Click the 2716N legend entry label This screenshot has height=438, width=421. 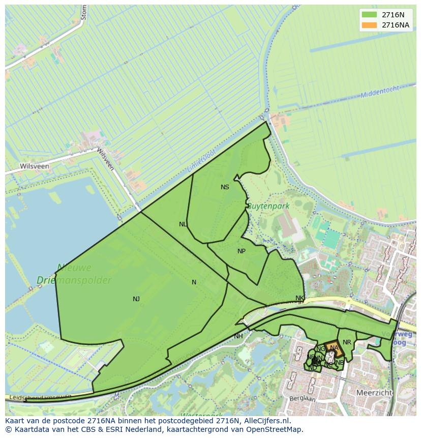(x=393, y=15)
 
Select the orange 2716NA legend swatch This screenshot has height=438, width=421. (x=369, y=25)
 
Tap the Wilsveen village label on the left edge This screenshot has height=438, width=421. (x=34, y=166)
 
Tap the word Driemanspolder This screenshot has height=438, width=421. (x=74, y=280)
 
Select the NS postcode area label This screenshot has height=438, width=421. (x=225, y=187)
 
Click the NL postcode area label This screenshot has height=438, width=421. (x=183, y=224)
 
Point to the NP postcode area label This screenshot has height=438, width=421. (x=242, y=251)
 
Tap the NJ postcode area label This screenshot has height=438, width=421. (x=136, y=299)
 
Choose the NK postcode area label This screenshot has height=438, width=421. (x=299, y=298)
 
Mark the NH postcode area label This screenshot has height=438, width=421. (x=238, y=336)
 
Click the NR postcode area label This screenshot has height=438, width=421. (x=347, y=342)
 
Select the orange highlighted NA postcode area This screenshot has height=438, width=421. (x=334, y=348)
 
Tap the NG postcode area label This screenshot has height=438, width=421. (x=320, y=349)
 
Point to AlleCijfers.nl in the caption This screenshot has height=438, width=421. (x=265, y=421)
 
